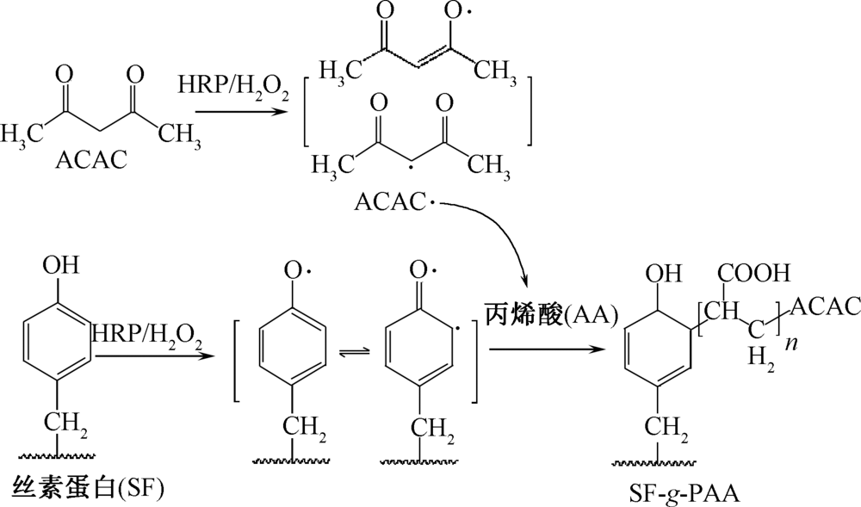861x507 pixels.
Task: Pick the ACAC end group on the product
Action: click(823, 306)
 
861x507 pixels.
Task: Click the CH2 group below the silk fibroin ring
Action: click(70, 424)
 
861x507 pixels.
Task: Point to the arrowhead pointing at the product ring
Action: click(594, 350)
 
